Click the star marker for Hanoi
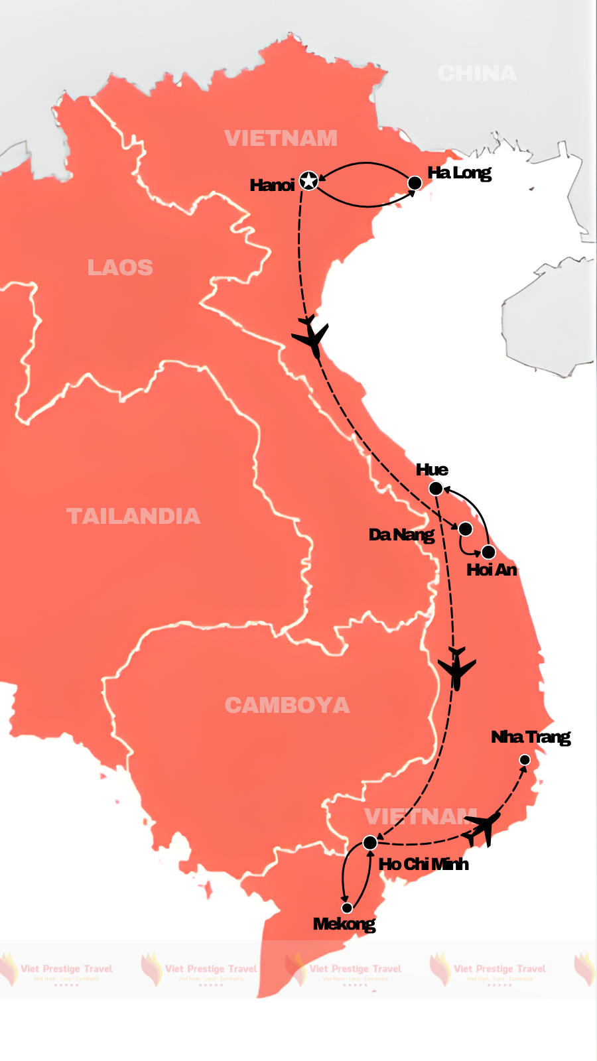tap(308, 180)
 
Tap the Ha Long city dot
tap(415, 183)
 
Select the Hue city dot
tap(436, 489)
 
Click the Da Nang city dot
tap(466, 529)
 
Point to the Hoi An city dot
tap(488, 552)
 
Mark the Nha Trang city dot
tap(525, 760)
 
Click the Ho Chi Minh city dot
tap(370, 842)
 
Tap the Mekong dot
tap(347, 908)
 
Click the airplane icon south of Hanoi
tap(311, 337)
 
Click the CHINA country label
tap(477, 73)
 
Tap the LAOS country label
tap(120, 267)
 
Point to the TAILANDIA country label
tap(133, 516)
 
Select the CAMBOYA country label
tap(287, 705)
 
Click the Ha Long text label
tap(459, 173)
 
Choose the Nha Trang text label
tap(531, 737)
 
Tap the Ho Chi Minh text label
tap(423, 864)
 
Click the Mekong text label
tap(344, 924)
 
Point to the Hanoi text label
tap(272, 185)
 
